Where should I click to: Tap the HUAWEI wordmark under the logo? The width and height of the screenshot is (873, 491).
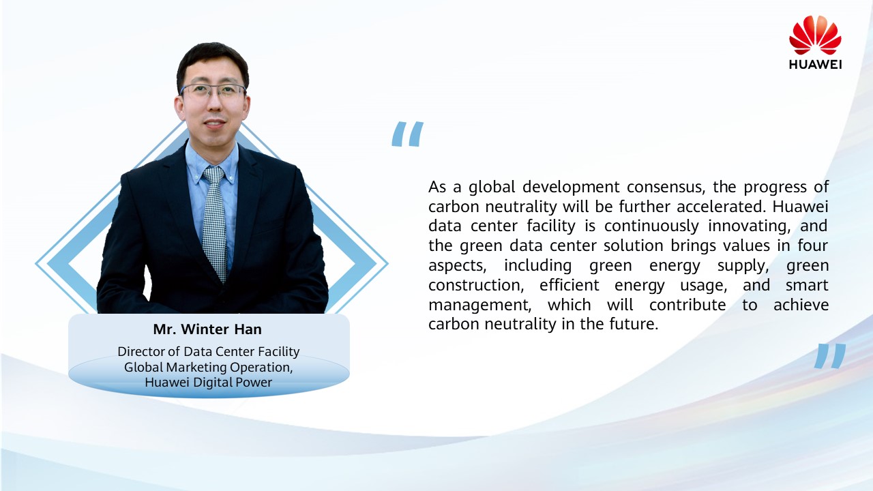coord(815,65)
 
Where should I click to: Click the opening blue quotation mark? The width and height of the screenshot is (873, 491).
coord(407,134)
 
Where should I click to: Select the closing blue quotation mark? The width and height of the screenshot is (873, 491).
coord(830,356)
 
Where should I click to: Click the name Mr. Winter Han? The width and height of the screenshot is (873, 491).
coord(207,329)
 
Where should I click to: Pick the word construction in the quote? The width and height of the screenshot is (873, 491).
coord(476,285)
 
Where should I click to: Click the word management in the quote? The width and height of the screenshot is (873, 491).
coord(479,306)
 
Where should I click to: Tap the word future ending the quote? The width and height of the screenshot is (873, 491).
coord(634,324)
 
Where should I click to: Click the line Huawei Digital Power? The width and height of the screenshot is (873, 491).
coord(208,383)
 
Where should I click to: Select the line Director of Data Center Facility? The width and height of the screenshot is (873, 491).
coord(209,352)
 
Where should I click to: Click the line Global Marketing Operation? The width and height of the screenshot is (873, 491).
coord(209,368)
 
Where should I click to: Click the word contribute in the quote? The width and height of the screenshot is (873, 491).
coord(687,305)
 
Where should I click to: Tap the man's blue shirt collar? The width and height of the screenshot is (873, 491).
coord(212,164)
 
